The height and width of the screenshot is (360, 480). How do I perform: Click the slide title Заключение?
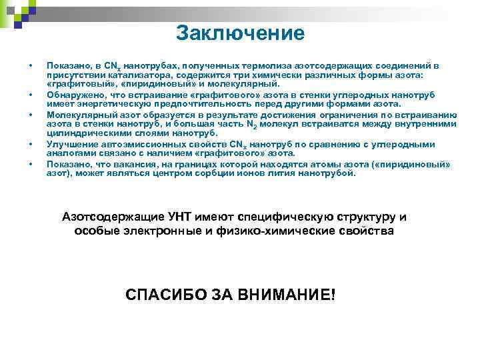pyautogui.click(x=240, y=33)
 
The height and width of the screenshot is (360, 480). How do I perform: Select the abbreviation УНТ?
pyautogui.click(x=181, y=217)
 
